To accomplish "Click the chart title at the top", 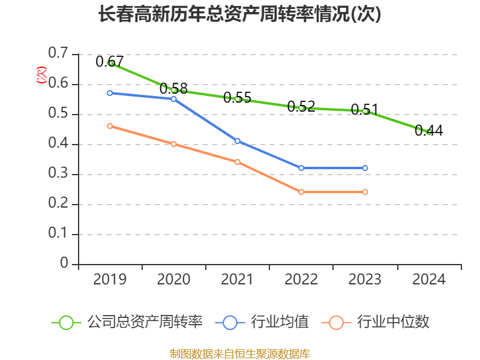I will [x=240, y=14].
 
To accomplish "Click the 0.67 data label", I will [x=110, y=61].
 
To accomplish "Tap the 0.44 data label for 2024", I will [x=429, y=131].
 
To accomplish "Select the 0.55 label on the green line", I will [x=238, y=97].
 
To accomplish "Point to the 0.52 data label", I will [x=301, y=107].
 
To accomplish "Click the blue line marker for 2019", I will [x=110, y=93].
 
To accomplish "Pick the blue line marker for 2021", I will [x=238, y=141].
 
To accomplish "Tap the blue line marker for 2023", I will [x=365, y=168].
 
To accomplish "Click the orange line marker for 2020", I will [x=173, y=144].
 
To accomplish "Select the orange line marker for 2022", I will [x=301, y=192].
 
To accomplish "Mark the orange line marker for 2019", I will [x=110, y=126].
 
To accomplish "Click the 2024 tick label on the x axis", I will [x=429, y=280].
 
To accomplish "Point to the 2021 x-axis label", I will [x=238, y=280].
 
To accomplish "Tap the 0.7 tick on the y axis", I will [x=58, y=54].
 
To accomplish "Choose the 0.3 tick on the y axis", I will [x=58, y=174].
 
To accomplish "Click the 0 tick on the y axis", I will [x=64, y=264].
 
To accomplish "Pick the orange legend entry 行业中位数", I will [x=376, y=322].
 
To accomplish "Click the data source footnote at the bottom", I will [x=240, y=353].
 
